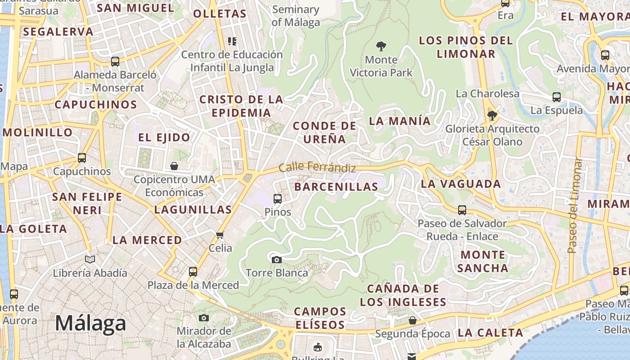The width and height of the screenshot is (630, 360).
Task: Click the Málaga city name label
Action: [x=90, y=324]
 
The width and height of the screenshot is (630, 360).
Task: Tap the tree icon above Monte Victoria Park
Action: [x=381, y=46]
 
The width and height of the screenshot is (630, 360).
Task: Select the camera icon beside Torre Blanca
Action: [x=277, y=260]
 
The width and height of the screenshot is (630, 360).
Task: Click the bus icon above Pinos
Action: [x=278, y=198]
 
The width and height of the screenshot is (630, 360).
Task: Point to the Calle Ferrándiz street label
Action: [x=317, y=167]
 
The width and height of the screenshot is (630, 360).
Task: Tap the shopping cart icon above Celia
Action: [x=220, y=235]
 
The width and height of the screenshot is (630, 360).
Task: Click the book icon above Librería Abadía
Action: [x=90, y=259]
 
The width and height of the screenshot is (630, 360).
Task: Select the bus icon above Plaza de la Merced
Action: [x=193, y=271]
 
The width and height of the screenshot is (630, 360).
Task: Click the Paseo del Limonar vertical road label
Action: [x=572, y=205]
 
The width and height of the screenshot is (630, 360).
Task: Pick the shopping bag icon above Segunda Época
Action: [x=412, y=320]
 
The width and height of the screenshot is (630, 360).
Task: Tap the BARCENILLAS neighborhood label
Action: [x=336, y=187]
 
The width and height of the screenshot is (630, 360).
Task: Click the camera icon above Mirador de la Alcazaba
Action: [x=204, y=318]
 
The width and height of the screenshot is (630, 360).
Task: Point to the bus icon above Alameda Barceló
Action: [x=115, y=62]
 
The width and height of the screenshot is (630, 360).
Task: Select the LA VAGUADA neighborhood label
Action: [x=461, y=184]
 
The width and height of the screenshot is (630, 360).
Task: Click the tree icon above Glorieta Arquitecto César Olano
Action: [x=492, y=116]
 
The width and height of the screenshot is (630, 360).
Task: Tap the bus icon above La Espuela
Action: [x=557, y=97]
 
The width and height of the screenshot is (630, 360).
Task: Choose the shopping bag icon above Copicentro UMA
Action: [x=174, y=166]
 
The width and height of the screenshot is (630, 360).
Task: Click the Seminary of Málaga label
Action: [x=296, y=16]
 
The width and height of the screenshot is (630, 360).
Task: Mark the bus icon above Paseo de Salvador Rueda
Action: [x=462, y=210]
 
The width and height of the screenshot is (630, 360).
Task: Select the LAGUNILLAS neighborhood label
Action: [x=193, y=210]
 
